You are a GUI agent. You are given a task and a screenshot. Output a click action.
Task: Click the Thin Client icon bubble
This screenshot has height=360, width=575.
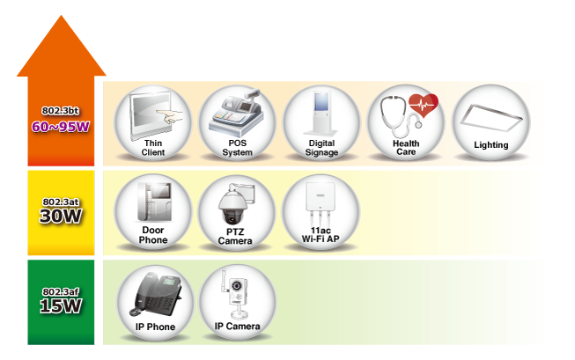point(153,122)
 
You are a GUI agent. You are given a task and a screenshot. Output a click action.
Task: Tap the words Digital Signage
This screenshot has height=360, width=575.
point(321,148)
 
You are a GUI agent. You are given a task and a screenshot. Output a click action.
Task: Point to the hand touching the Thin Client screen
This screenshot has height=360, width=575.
point(176,114)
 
